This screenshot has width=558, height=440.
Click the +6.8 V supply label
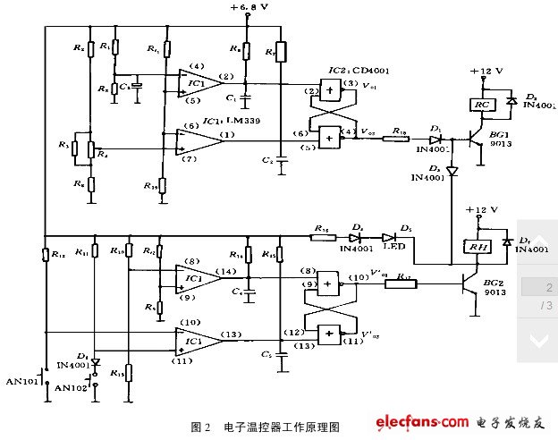[249, 8]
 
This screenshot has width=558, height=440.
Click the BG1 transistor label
[497, 134]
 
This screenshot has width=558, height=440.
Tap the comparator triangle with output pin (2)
[198, 82]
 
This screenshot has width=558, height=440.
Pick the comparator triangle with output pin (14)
[198, 277]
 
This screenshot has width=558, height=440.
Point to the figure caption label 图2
[200, 427]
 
